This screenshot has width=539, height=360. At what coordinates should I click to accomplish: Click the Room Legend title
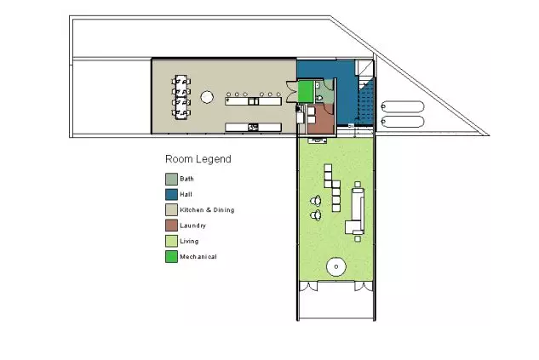[198, 159]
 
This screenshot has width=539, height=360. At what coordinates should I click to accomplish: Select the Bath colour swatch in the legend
[171, 179]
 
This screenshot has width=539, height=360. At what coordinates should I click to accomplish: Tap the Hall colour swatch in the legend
[171, 194]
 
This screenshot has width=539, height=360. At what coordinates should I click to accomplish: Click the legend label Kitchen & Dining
[207, 210]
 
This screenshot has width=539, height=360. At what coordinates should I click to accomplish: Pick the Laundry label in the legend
[192, 226]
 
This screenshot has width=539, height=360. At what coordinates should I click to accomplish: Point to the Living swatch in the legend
[171, 241]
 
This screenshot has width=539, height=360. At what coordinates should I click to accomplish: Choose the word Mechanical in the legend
[198, 257]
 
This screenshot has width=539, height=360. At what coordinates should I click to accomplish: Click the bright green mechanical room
[306, 92]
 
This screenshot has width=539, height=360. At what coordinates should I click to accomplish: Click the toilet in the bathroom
[319, 98]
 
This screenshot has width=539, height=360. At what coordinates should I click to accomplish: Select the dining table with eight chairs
[181, 97]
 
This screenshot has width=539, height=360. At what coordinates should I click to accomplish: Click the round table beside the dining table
[207, 97]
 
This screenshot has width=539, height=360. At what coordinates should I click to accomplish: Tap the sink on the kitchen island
[254, 101]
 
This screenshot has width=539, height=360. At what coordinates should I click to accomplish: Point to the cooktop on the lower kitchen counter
[253, 128]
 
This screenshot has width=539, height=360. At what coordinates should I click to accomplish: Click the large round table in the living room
[335, 266]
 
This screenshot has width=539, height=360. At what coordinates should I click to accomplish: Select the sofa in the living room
[356, 210]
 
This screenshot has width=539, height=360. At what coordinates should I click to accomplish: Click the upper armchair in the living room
[316, 201]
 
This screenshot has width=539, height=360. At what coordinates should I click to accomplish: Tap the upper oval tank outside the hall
[402, 106]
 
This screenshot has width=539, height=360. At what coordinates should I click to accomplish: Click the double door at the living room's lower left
[309, 287]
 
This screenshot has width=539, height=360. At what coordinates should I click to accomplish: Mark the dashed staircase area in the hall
[366, 101]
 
